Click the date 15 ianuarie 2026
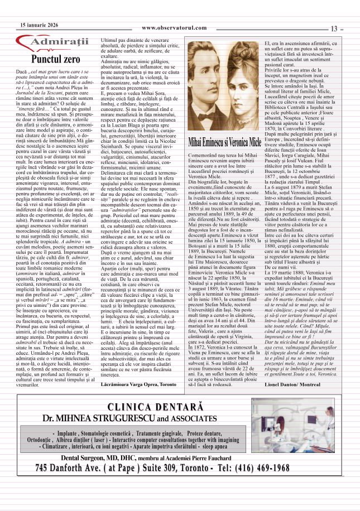40,26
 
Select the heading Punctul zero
56,59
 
